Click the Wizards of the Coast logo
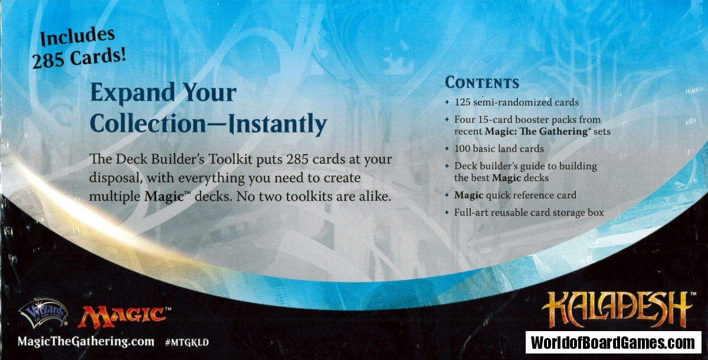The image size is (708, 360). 43,312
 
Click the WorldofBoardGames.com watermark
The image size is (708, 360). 613,343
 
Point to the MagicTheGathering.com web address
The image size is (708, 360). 86,342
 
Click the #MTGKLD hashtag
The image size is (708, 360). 187,343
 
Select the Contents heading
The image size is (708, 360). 482,83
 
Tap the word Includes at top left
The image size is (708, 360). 77,37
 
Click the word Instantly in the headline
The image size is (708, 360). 277,124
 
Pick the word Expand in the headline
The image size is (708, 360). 133,93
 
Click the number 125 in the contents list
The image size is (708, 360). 463,103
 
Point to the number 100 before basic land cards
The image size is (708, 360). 463,149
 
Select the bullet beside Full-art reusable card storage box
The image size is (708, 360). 447,212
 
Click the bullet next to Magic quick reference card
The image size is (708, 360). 447,195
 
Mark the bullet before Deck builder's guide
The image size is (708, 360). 447,166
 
